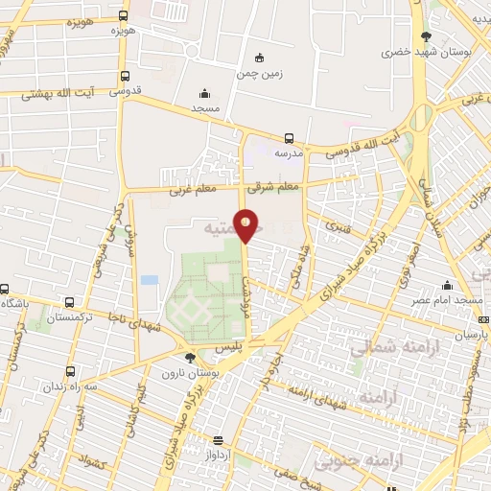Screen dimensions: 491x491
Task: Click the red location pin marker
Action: point(246,225)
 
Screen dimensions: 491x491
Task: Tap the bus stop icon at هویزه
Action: point(123,16)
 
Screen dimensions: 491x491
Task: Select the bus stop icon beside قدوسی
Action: point(124,77)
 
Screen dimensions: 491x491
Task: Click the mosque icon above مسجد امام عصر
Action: point(447,285)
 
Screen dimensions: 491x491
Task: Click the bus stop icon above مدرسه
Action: point(290,138)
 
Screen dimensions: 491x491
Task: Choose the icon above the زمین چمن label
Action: point(257,58)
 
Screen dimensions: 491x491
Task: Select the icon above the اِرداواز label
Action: point(219,441)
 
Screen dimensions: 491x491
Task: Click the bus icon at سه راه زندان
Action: point(70,371)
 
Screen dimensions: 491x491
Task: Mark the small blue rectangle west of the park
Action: point(149,279)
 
